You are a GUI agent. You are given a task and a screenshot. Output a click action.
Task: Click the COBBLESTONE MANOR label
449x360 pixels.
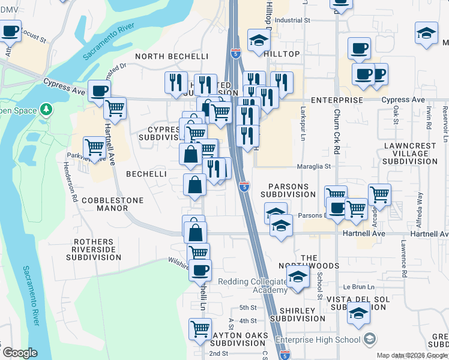(106, 204)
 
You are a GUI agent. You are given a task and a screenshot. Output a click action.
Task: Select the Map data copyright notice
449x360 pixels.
(412, 355)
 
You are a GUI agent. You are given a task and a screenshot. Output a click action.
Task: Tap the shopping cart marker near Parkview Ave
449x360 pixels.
(94, 148)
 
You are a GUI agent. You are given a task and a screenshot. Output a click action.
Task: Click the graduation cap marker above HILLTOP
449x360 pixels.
(259, 40)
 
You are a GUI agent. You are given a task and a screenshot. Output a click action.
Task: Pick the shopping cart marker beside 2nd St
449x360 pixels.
(200, 329)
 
